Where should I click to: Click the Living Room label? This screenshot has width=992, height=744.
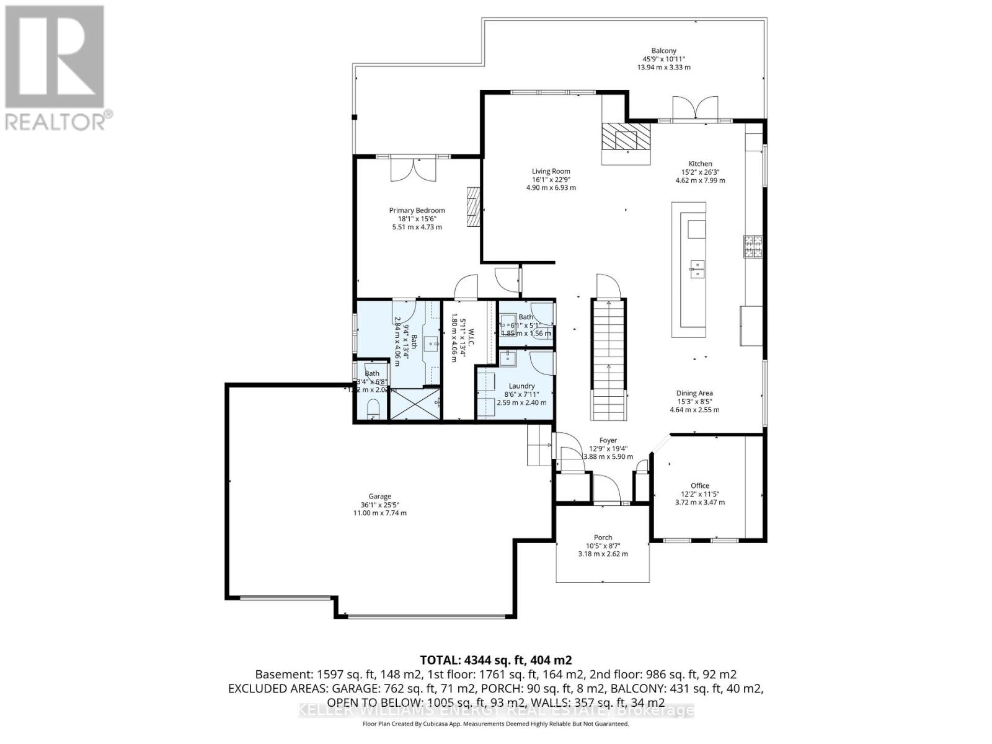coord(551,172)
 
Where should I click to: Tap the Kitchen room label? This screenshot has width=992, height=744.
coord(700,164)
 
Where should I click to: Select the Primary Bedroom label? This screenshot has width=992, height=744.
coord(417,211)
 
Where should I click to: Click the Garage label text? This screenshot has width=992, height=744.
coord(379,497)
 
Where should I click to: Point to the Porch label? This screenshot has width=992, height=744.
coord(603,538)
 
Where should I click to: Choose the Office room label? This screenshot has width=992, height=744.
coord(700,486)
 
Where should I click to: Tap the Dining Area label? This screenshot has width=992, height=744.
coord(694,393)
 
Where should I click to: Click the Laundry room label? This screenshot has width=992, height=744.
coord(521,386)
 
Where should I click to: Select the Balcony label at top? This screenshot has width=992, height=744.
coord(663,51)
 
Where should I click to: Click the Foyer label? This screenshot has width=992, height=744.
coord(608,441)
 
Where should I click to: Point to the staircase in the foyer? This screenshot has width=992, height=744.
coord(608,360)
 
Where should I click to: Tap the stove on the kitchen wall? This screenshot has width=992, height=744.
coord(753,247)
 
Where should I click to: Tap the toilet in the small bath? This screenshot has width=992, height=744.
coord(373,410)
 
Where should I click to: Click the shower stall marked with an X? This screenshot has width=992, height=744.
coord(414,404)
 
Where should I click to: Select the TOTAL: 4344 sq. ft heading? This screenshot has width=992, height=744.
coord(495,660)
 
